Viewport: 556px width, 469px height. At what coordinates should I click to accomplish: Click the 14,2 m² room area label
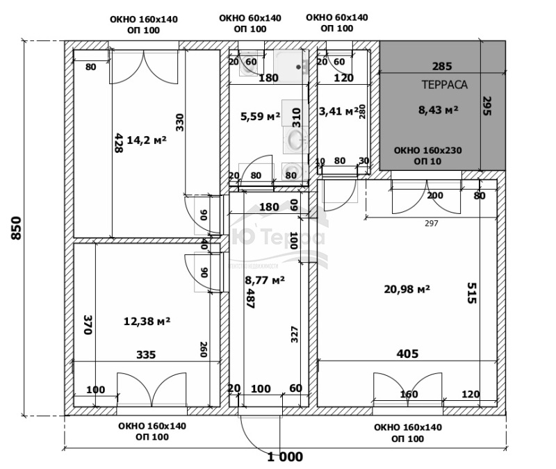click(x=147, y=140)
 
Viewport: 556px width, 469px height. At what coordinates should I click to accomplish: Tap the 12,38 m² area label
click(x=147, y=321)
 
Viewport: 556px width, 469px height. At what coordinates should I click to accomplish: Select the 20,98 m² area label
click(x=407, y=288)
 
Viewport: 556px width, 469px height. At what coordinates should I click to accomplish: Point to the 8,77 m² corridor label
click(x=265, y=281)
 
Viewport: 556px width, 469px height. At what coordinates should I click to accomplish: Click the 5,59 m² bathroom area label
click(x=260, y=116)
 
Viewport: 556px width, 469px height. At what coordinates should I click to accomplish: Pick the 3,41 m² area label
click(x=338, y=110)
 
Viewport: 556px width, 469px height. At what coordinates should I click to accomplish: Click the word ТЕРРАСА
click(x=444, y=85)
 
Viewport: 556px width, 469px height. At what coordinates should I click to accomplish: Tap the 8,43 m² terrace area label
click(x=438, y=109)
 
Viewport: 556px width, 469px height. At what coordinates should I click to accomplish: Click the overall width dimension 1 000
click(x=285, y=456)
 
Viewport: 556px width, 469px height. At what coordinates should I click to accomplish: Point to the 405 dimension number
click(x=407, y=354)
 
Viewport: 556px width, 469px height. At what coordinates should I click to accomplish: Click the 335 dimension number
click(x=146, y=354)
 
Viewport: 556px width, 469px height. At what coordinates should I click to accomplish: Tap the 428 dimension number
click(x=117, y=142)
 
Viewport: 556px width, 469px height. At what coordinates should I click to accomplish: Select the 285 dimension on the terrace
click(x=442, y=67)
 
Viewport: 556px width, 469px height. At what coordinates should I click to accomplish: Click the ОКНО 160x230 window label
click(x=427, y=151)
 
